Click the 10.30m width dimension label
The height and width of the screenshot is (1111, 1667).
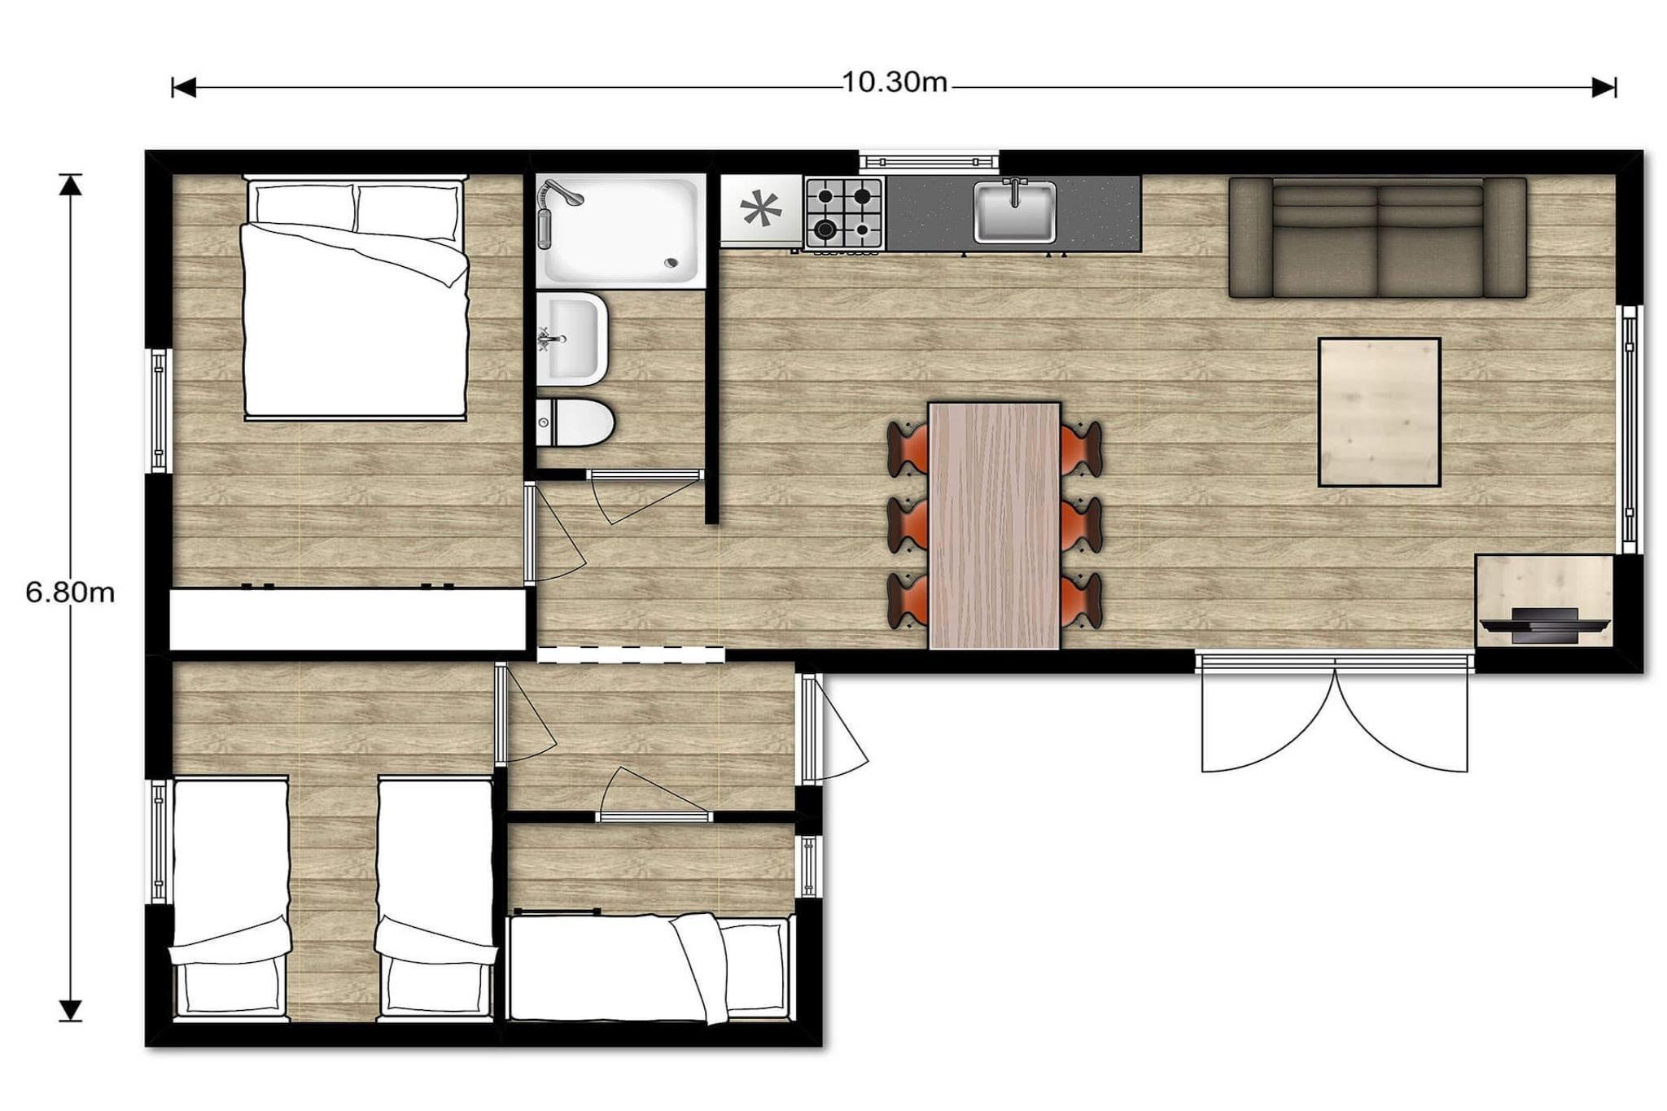pos(894,82)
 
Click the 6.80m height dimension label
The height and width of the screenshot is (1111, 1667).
pos(70,593)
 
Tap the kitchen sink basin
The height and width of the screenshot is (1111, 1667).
pos(1015,212)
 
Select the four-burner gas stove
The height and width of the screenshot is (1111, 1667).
pos(844,213)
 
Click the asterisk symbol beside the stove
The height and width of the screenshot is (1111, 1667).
pos(760,209)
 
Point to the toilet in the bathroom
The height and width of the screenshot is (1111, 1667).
pos(575,422)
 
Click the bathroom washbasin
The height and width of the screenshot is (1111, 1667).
pos(571,339)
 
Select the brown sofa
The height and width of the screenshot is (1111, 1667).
pos(1377,238)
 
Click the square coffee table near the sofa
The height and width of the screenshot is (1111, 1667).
pos(1379,413)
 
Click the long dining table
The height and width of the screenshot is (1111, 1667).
pos(994,526)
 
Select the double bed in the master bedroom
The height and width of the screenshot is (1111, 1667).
pos(356,298)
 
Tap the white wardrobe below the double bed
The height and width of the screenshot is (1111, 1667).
pos(348,619)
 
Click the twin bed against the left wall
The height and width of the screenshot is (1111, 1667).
pos(230,899)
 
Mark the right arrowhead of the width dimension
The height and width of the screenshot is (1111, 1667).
pos(1604,87)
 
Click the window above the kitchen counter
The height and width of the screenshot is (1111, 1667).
pos(929,160)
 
